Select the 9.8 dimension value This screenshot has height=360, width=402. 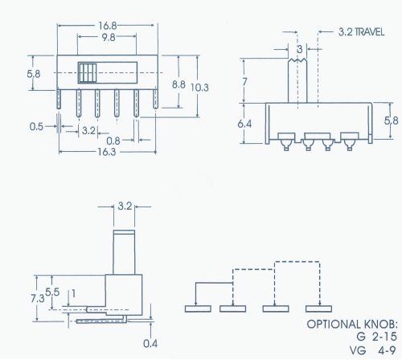tap(108, 36)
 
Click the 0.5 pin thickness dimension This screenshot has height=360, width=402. tap(35, 126)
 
